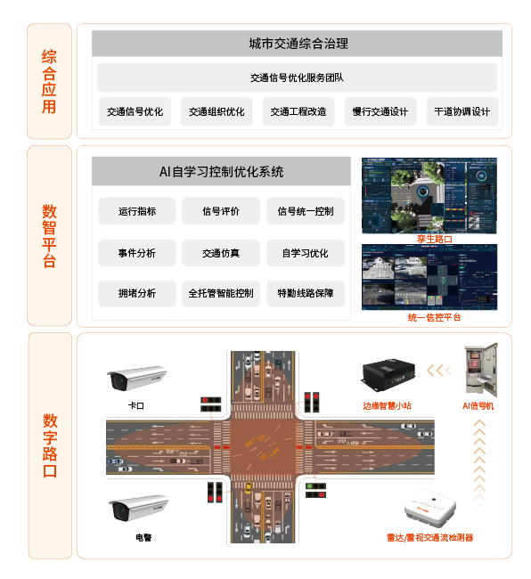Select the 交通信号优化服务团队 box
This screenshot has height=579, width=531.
click(298, 77)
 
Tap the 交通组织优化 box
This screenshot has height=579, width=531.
click(216, 112)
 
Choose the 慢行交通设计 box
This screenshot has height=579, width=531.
click(380, 112)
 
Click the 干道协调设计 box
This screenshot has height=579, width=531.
click(462, 112)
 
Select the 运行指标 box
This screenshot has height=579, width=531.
click(136, 212)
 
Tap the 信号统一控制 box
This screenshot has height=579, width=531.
click(306, 212)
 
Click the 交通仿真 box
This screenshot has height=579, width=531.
click(221, 253)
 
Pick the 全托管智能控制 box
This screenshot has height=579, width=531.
click(221, 293)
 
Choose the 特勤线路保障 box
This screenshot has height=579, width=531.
click(306, 293)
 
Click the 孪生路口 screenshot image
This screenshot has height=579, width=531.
click(429, 196)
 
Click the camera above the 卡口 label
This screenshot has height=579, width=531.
click(136, 378)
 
